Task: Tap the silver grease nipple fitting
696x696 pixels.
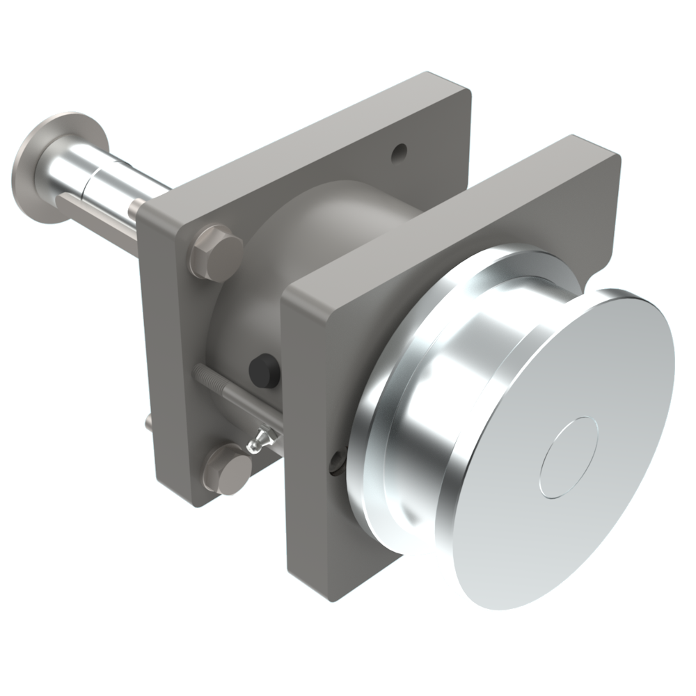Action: pyautogui.click(x=260, y=438)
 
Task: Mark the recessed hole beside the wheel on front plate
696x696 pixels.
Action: pyautogui.click(x=336, y=459)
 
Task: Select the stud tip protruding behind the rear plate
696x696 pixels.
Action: pyautogui.click(x=149, y=422)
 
